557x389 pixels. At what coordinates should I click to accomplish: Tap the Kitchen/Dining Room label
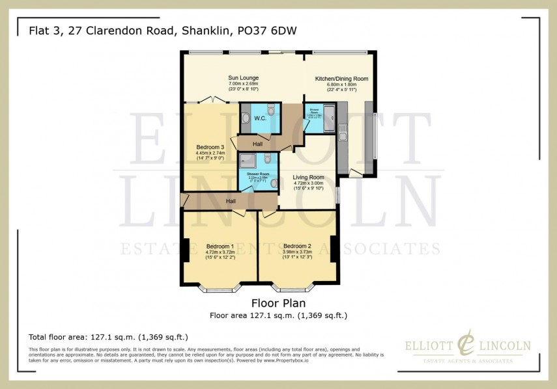(x=341, y=79)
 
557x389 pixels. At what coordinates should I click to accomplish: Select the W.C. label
(x=259, y=118)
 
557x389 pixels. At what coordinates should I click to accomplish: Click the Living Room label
(x=308, y=177)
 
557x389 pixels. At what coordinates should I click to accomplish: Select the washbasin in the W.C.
(x=245, y=118)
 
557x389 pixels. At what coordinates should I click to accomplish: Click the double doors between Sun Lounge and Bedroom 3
(x=212, y=101)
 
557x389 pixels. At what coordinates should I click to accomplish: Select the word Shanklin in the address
(x=198, y=31)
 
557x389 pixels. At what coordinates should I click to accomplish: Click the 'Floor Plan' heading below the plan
(x=278, y=303)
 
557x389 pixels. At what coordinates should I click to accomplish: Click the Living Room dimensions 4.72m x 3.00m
(x=308, y=183)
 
